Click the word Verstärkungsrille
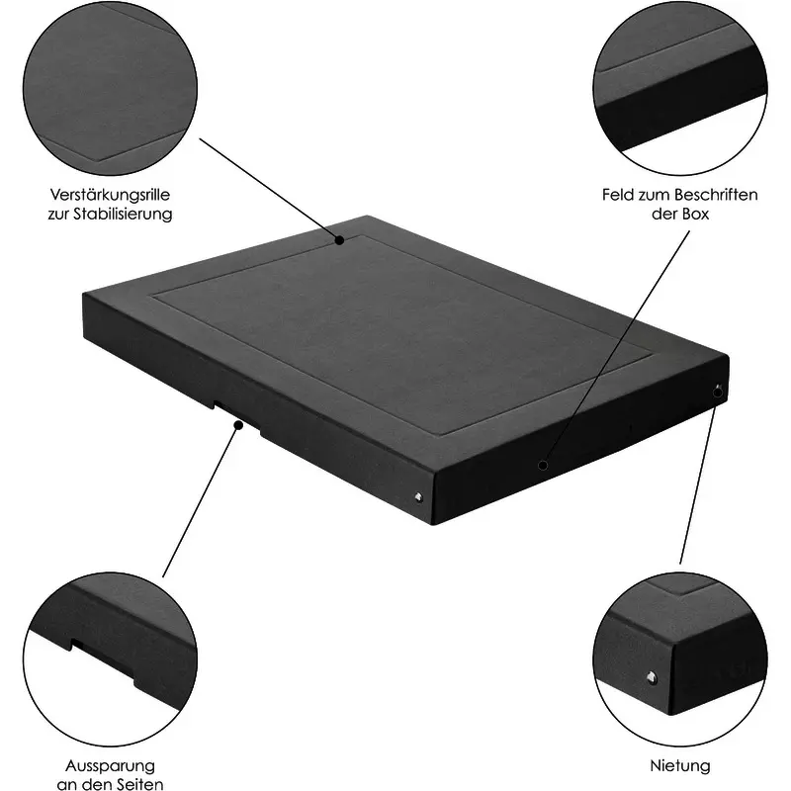[x=110, y=195]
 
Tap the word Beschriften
[x=715, y=195]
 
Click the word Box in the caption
[x=696, y=214]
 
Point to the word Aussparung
[x=110, y=765]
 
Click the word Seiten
[x=138, y=784]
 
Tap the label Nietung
[x=680, y=765]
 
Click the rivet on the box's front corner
[x=418, y=497]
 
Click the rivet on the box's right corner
[x=718, y=390]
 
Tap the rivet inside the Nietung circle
[x=653, y=677]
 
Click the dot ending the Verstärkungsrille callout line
[x=340, y=240]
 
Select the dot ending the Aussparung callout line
[x=238, y=425]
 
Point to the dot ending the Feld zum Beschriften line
[x=543, y=465]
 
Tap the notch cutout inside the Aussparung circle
[x=103, y=661]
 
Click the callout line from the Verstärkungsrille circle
[x=270, y=189]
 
